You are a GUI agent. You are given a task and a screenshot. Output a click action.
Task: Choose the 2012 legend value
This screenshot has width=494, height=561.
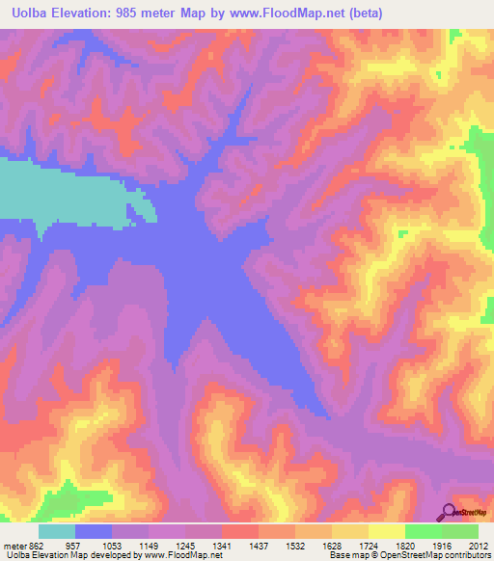[x=480, y=545]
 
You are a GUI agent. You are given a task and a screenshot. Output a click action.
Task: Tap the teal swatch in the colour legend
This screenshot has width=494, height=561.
[x=56, y=531]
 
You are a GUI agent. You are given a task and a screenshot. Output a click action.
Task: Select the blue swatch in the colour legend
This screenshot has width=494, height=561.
[x=94, y=531]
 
